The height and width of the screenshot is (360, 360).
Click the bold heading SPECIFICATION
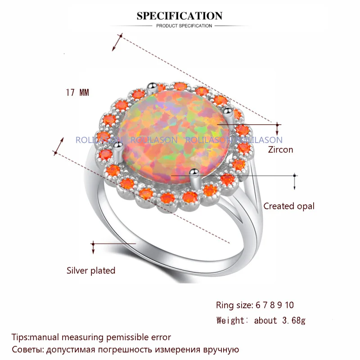[x=180, y=16]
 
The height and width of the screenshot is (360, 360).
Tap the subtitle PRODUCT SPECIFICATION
[x=184, y=26]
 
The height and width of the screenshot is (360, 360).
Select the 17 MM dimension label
[x=77, y=93]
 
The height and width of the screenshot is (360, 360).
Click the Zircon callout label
[x=280, y=150]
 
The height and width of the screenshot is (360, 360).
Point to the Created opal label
[x=289, y=206]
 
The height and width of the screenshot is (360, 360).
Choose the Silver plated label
[x=91, y=270]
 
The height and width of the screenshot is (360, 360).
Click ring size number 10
[x=289, y=305]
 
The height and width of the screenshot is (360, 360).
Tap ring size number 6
[x=258, y=305]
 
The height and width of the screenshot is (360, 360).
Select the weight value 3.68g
[x=294, y=320]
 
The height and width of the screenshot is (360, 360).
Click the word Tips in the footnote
[x=20, y=337]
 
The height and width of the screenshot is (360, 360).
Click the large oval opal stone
[x=175, y=137]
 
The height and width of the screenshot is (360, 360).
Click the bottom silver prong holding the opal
[x=195, y=179]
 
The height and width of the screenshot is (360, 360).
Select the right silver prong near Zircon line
[x=229, y=116]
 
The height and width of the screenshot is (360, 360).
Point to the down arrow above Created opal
[x=295, y=182]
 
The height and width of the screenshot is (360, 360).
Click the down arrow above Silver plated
[x=93, y=247]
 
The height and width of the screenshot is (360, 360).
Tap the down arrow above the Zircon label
[x=277, y=129]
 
